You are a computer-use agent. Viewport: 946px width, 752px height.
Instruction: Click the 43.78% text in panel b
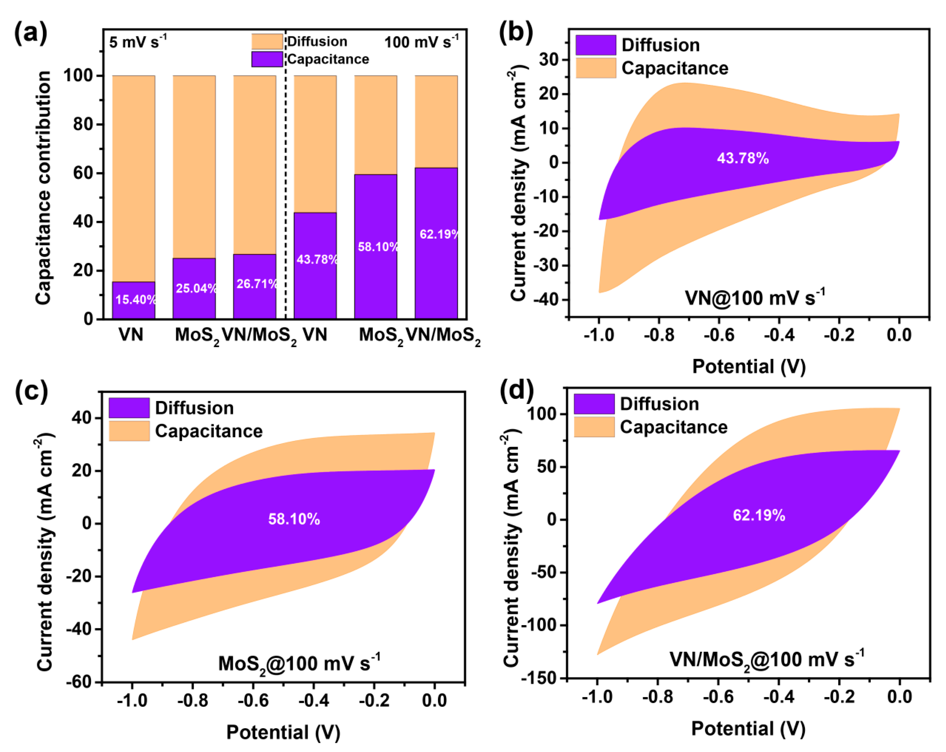tap(743, 158)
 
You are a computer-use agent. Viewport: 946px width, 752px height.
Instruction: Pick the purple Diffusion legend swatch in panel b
tap(596, 45)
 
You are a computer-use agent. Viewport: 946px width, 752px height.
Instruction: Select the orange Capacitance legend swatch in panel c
tap(129, 431)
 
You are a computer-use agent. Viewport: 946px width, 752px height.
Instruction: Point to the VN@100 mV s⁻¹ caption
tap(755, 297)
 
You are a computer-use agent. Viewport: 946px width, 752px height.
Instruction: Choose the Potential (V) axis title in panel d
tap(748, 729)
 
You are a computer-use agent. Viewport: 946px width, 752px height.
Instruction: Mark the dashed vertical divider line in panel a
tap(285, 176)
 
